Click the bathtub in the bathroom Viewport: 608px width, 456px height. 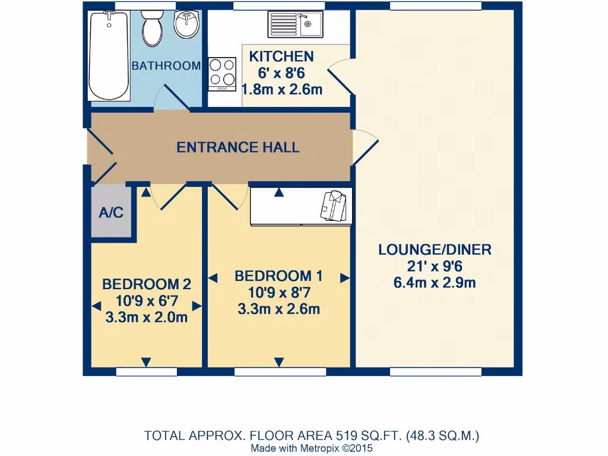coord(109,55)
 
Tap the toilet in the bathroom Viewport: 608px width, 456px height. coord(152,28)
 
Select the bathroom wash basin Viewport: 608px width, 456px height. coord(186,24)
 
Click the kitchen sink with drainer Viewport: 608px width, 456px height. coord(296,24)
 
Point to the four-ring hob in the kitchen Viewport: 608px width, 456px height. coord(222,74)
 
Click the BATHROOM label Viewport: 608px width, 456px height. coord(166,66)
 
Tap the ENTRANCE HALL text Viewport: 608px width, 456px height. coord(238,147)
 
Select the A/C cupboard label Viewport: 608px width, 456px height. coord(111,213)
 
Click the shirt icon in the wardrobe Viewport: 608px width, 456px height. coord(334,205)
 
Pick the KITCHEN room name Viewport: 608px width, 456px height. coord(281,56)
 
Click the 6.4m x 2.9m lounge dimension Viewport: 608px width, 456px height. coord(435,283)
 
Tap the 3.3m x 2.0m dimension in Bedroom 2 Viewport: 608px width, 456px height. coord(147,317)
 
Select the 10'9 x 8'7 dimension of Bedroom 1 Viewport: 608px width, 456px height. coord(279,292)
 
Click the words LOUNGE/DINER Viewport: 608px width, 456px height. coord(435,250)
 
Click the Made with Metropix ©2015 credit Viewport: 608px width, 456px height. coord(312,448)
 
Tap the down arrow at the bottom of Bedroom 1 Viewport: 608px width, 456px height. coord(279,362)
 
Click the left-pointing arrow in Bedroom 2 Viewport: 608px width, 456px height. coord(96,306)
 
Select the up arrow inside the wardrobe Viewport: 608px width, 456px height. coord(279,192)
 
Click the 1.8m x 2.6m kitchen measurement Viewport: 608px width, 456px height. coord(282,90)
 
